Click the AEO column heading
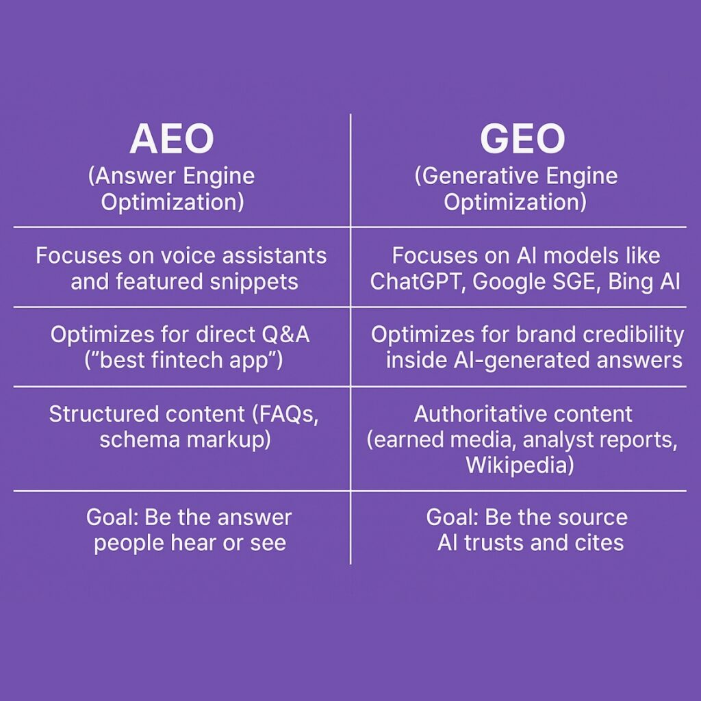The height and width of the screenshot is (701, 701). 172,138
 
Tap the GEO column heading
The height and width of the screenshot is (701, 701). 522,138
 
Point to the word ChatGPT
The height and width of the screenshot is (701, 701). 416,281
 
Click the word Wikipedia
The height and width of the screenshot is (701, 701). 517,465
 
